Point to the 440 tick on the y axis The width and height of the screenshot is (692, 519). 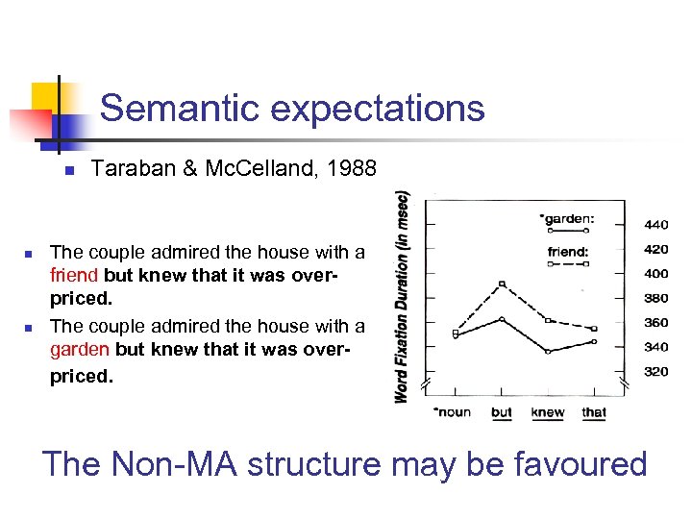[656, 224]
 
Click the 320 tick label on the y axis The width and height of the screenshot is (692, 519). [656, 371]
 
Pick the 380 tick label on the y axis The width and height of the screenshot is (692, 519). [656, 298]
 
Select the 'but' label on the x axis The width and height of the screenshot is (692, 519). [502, 412]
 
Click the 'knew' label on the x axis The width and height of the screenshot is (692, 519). [548, 412]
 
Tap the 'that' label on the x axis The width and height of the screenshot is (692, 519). [594, 412]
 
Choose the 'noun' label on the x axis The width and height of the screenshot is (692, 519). [453, 412]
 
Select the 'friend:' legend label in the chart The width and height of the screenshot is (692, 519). [568, 252]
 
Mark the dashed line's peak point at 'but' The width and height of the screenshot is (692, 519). [502, 284]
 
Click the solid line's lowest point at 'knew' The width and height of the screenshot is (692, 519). [548, 352]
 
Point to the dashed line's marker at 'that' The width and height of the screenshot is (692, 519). [594, 329]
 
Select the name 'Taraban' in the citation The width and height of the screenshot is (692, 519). [129, 170]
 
